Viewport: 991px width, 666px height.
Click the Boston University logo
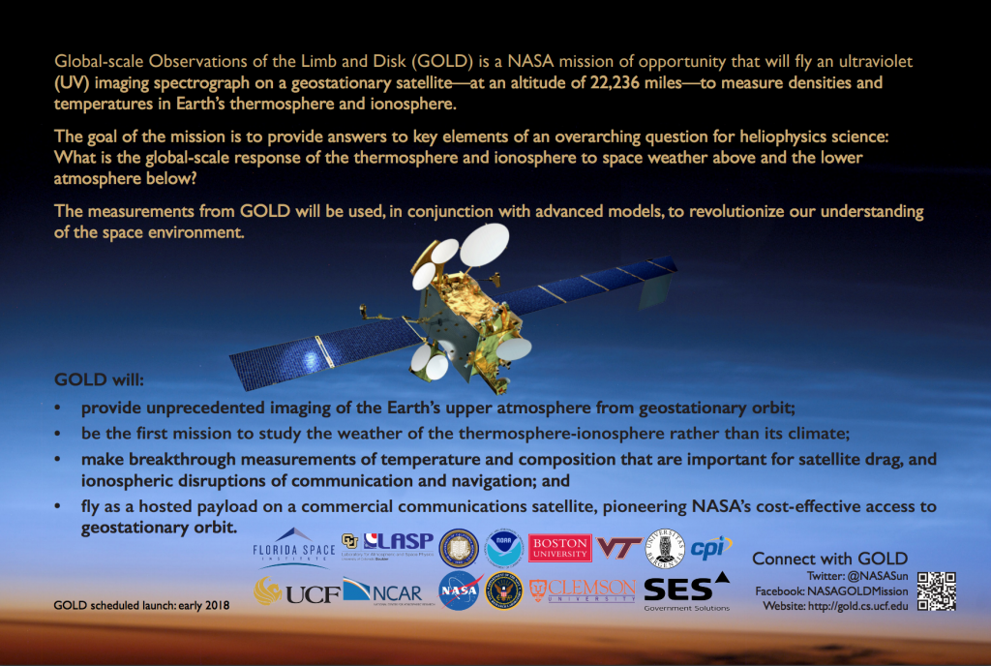click(x=560, y=548)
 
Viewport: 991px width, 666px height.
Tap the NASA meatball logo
click(x=461, y=590)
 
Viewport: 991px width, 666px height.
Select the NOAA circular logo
click(x=505, y=548)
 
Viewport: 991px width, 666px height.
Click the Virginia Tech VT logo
click(x=619, y=548)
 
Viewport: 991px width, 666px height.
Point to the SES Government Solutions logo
click(x=686, y=591)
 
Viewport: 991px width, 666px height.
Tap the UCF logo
click(x=297, y=590)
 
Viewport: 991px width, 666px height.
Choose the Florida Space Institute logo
click(x=294, y=547)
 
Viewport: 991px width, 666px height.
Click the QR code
click(x=936, y=590)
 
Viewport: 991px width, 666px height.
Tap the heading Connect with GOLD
click(x=829, y=559)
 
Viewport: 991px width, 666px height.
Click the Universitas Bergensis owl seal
click(x=665, y=548)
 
